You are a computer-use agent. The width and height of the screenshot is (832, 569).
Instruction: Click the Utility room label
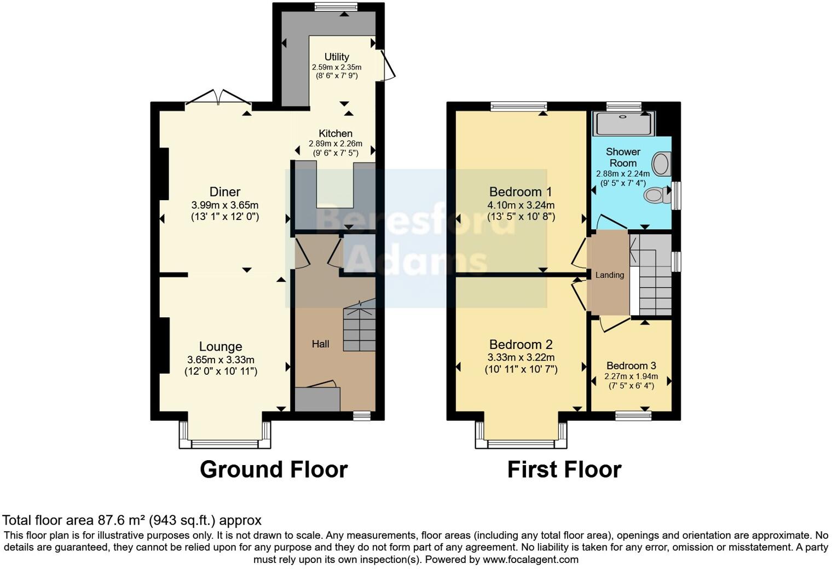pyautogui.click(x=337, y=57)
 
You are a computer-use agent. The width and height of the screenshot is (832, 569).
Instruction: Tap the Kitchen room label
pyautogui.click(x=336, y=133)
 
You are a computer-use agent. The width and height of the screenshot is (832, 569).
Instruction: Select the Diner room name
pyautogui.click(x=225, y=192)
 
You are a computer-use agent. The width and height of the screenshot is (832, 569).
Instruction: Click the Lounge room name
pyautogui.click(x=221, y=346)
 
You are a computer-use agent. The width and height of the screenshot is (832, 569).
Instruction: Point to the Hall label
pyautogui.click(x=321, y=344)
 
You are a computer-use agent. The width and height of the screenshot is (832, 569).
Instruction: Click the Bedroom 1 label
pyautogui.click(x=521, y=192)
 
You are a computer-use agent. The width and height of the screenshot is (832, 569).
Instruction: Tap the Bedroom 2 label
pyautogui.click(x=521, y=345)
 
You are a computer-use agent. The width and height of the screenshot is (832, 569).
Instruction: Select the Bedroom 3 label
pyautogui.click(x=631, y=365)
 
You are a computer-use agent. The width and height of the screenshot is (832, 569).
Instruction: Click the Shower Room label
pyautogui.click(x=623, y=157)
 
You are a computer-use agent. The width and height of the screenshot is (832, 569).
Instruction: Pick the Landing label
pyautogui.click(x=609, y=275)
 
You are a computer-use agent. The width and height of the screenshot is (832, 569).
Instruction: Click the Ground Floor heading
pyautogui.click(x=274, y=469)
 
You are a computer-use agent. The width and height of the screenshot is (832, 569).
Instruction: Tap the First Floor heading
pyautogui.click(x=564, y=469)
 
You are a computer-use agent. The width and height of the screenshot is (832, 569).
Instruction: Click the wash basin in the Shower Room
pyautogui.click(x=661, y=164)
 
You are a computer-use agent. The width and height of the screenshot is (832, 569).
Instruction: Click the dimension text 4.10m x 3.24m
pyautogui.click(x=521, y=205)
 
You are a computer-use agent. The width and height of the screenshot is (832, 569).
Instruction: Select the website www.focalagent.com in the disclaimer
pyautogui.click(x=530, y=560)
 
